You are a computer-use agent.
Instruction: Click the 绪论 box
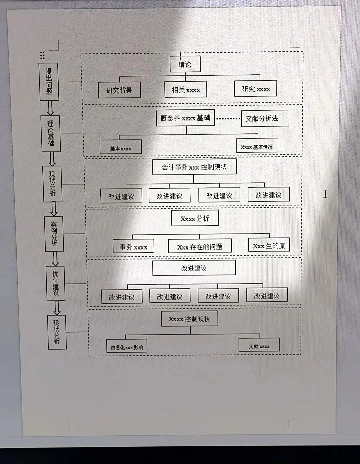tap(185, 64)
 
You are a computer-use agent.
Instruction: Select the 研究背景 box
tap(119, 90)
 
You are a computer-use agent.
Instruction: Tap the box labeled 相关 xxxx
tap(186, 89)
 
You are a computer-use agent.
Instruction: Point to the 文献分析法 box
tap(265, 118)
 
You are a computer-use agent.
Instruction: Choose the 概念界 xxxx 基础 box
tap(185, 118)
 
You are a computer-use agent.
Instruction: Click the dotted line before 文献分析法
tap(228, 118)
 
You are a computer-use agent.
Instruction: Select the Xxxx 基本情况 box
tap(257, 146)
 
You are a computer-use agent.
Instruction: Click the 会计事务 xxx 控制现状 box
tap(194, 167)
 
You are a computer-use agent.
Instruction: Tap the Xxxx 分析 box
tap(195, 218)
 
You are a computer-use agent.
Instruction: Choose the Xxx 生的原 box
tap(269, 246)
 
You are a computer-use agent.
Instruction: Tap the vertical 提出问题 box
tap(49, 82)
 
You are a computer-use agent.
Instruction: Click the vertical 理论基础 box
tap(51, 133)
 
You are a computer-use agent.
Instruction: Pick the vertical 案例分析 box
tap(54, 234)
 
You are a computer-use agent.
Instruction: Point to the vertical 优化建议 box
tap(56, 283)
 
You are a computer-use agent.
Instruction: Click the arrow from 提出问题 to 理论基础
tap(50, 108)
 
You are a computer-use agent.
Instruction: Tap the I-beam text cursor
tap(325, 194)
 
